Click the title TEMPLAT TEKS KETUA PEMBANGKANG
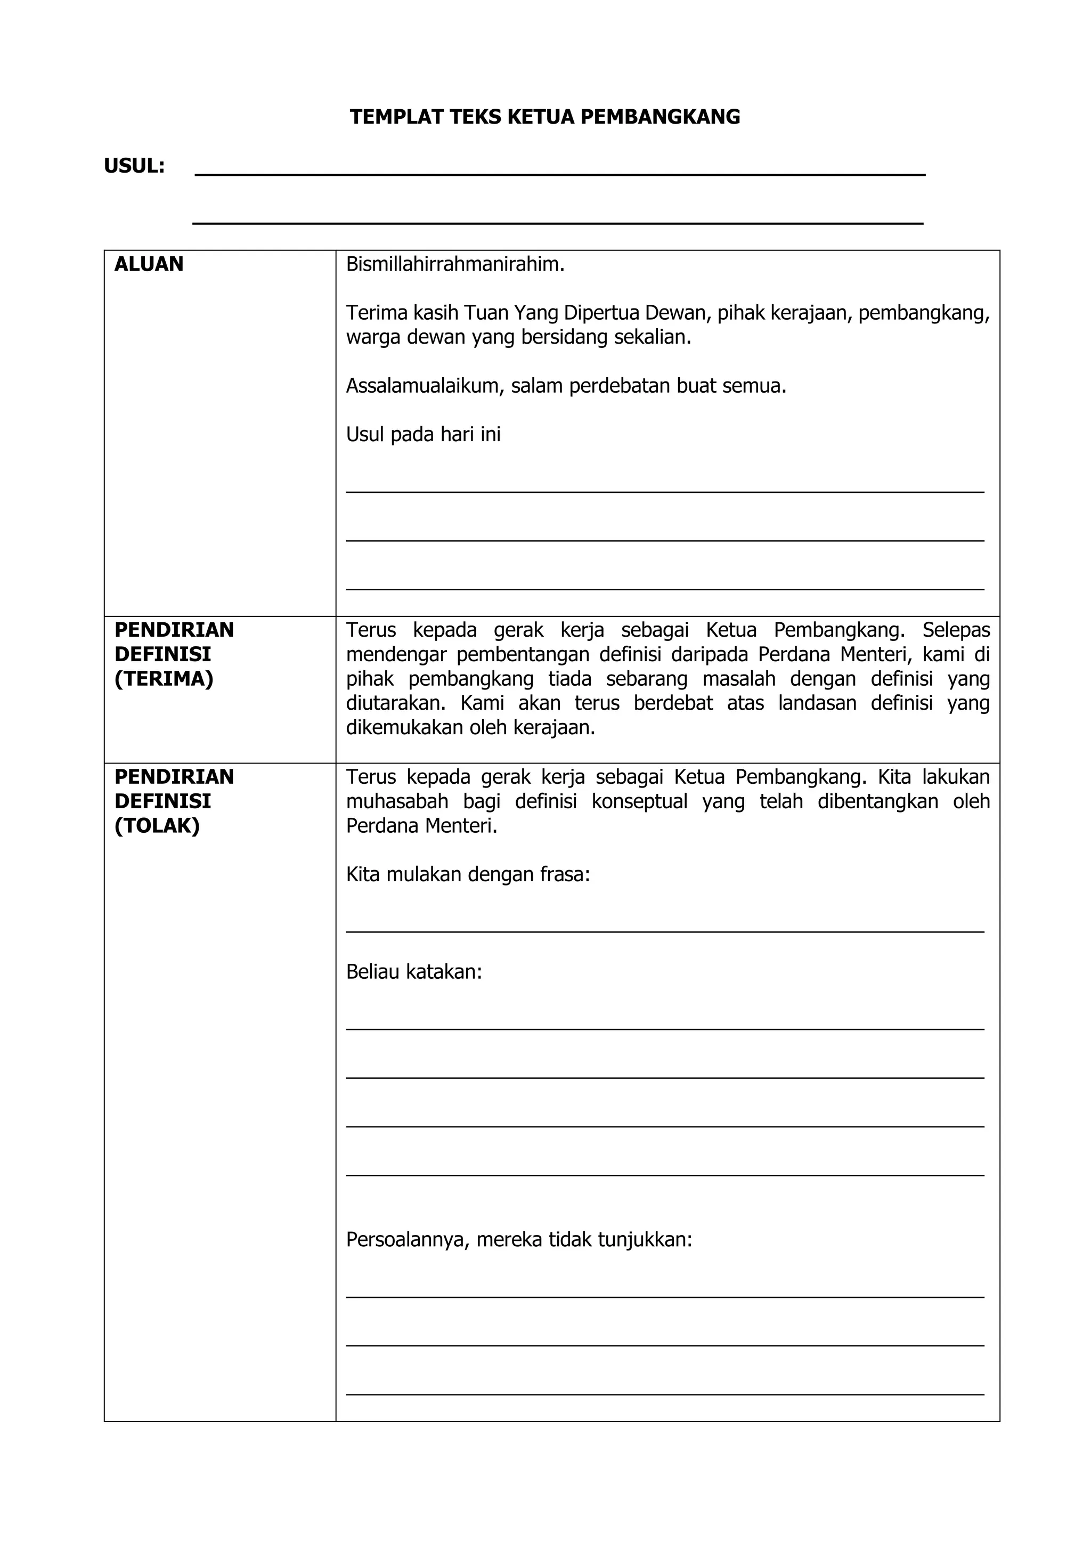[x=545, y=117]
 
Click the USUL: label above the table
[x=134, y=166]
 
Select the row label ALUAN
[x=149, y=264]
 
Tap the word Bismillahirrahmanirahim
[x=455, y=264]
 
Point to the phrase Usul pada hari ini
[x=423, y=435]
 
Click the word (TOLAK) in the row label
[x=157, y=825]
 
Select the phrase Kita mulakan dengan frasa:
[x=468, y=874]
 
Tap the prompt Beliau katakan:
[x=414, y=972]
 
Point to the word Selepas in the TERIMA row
[x=955, y=630]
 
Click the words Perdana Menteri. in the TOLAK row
[x=421, y=825]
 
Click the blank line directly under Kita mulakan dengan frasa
[x=664, y=930]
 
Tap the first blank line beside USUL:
[x=559, y=174]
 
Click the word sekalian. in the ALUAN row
[x=653, y=337]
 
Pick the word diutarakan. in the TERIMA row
[x=396, y=703]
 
